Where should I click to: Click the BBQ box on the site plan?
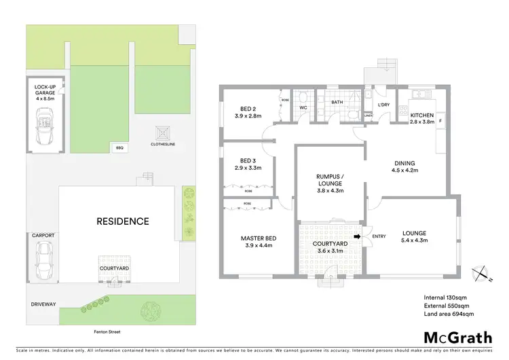point(120,146)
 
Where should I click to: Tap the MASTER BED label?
point(258,242)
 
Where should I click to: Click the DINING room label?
point(405,166)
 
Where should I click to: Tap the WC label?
point(303,107)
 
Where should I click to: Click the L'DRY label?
point(383,105)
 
